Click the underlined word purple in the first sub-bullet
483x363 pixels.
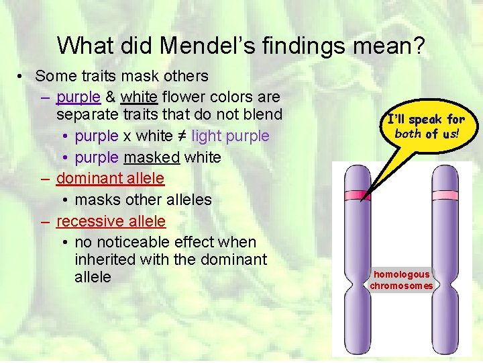coord(78,97)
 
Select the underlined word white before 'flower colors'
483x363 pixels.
coord(138,97)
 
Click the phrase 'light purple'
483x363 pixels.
coord(230,136)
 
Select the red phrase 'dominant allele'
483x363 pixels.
coord(110,178)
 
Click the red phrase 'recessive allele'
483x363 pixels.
coord(111,220)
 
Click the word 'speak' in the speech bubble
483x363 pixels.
coord(425,120)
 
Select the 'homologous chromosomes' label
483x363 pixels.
coord(401,280)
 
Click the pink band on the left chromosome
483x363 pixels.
coord(356,196)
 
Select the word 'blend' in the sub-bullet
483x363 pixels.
coord(261,114)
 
